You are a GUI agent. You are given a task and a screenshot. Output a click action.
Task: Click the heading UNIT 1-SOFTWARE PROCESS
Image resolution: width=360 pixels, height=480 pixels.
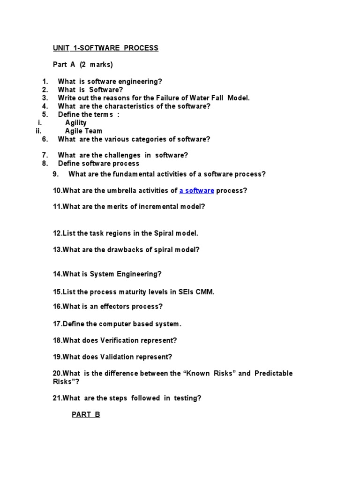click(x=105, y=48)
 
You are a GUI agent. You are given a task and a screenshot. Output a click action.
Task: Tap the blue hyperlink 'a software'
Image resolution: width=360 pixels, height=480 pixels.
click(x=197, y=190)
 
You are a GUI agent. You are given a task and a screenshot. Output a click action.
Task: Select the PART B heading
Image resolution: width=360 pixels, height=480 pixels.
click(x=86, y=414)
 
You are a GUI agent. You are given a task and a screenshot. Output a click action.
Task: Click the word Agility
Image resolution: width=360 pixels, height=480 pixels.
click(x=76, y=123)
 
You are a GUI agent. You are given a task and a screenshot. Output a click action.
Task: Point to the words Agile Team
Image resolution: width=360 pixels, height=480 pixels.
click(x=83, y=131)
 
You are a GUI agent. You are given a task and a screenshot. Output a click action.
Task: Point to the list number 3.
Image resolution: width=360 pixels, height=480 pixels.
click(x=45, y=98)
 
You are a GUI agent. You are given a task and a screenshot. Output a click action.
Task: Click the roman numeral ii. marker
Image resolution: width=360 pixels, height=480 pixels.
click(x=39, y=131)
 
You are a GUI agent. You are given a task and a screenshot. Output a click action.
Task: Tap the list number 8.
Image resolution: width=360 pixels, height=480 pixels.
click(x=45, y=163)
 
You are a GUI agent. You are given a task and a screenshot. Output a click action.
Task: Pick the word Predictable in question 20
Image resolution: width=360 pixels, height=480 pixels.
click(x=274, y=373)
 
